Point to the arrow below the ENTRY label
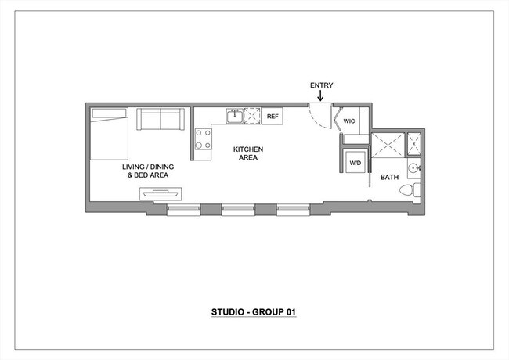click(319, 96)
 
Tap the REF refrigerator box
click(273, 117)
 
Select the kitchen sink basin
click(234, 117)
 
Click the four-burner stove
click(203, 139)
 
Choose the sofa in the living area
click(160, 119)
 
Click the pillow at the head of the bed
click(108, 115)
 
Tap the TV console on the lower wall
click(162, 192)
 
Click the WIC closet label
click(349, 121)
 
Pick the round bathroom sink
click(413, 168)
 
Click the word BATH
click(389, 178)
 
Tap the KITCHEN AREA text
click(249, 153)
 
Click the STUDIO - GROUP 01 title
click(254, 312)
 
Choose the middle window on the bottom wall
click(238, 209)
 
